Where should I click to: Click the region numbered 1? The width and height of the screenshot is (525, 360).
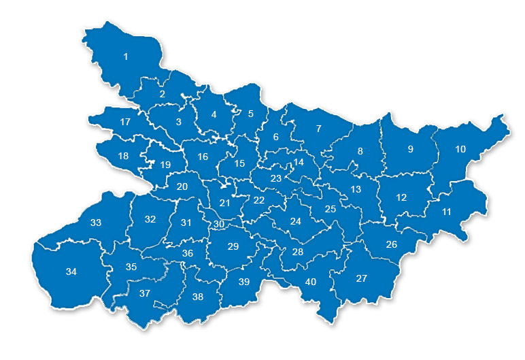pyautogui.click(x=125, y=56)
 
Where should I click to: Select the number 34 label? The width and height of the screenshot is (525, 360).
pyautogui.click(x=71, y=272)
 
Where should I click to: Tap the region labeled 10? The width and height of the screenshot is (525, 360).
pyautogui.click(x=460, y=149)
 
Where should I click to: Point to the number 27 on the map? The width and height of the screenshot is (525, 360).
pyautogui.click(x=362, y=278)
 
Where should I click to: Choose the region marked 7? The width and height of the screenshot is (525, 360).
pyautogui.click(x=318, y=129)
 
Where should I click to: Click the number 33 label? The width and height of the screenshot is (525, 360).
pyautogui.click(x=96, y=223)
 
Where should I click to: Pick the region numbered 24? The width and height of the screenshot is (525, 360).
pyautogui.click(x=295, y=221)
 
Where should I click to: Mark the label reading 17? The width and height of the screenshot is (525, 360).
pyautogui.click(x=125, y=122)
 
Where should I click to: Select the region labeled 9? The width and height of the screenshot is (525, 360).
pyautogui.click(x=410, y=149)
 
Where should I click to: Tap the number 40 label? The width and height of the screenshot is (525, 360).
pyautogui.click(x=311, y=282)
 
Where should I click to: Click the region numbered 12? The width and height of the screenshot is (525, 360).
pyautogui.click(x=401, y=197)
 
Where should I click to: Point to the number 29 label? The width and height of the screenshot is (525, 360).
pyautogui.click(x=233, y=246)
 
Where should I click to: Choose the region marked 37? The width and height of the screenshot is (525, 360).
pyautogui.click(x=144, y=294)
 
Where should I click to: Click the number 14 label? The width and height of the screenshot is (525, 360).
pyautogui.click(x=299, y=163)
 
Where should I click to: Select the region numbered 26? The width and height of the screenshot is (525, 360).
pyautogui.click(x=392, y=244)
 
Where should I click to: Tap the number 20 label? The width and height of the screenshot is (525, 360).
pyautogui.click(x=182, y=186)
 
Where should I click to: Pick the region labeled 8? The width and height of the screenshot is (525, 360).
pyautogui.click(x=360, y=151)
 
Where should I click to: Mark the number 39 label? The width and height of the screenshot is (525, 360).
pyautogui.click(x=244, y=282)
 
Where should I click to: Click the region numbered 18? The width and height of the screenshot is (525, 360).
pyautogui.click(x=123, y=156)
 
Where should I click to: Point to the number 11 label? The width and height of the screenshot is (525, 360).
pyautogui.click(x=447, y=212)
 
